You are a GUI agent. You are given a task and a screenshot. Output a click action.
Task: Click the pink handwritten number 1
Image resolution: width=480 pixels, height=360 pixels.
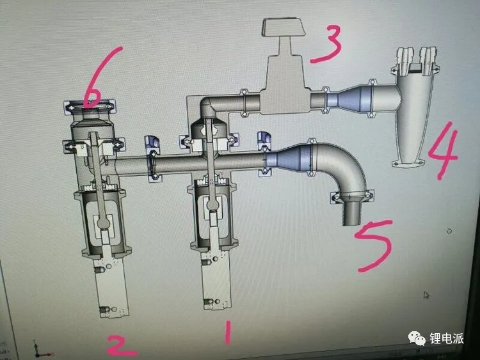click(227, 333)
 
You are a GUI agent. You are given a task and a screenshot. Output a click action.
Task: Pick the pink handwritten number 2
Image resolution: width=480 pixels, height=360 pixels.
click(121, 346)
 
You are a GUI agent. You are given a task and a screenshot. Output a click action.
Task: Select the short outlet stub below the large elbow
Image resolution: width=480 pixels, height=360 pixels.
click(352, 212)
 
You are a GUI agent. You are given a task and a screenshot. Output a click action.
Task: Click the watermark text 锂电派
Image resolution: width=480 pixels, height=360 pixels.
click(447, 338)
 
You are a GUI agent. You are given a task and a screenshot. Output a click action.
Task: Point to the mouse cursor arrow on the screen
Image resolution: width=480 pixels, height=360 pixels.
click(426, 295)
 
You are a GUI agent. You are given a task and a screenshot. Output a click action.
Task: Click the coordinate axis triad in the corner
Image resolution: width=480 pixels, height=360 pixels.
click(42, 350)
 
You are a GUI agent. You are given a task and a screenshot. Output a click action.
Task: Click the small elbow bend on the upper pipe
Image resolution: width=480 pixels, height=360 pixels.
click(209, 106)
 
